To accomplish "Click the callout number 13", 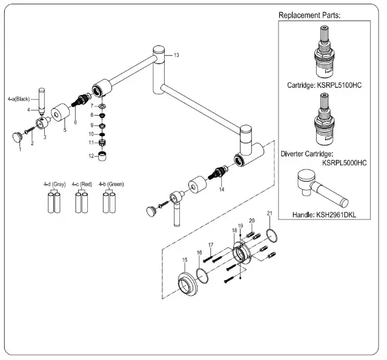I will click(176, 55).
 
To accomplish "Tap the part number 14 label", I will click(222, 189).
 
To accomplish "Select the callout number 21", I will click(270, 213).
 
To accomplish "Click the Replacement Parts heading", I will click(309, 15).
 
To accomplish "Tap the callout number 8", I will click(91, 114).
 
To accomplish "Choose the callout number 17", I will click(211, 244).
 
